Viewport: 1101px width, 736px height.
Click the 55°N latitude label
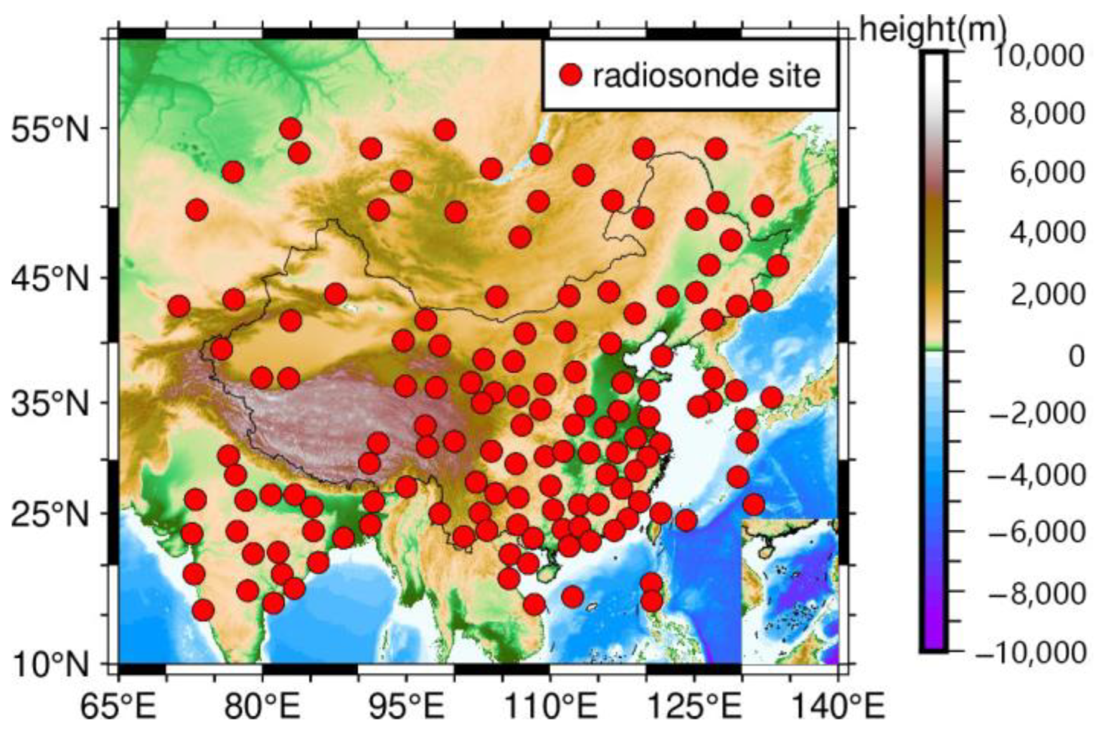(50, 131)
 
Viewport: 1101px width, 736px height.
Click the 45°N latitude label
(50, 279)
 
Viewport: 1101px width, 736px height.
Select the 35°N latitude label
(50, 404)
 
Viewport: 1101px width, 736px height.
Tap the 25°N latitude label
(50, 513)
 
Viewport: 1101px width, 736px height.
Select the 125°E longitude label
(694, 706)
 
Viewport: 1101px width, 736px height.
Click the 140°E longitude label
(838, 706)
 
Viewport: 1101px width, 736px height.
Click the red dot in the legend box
(571, 76)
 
